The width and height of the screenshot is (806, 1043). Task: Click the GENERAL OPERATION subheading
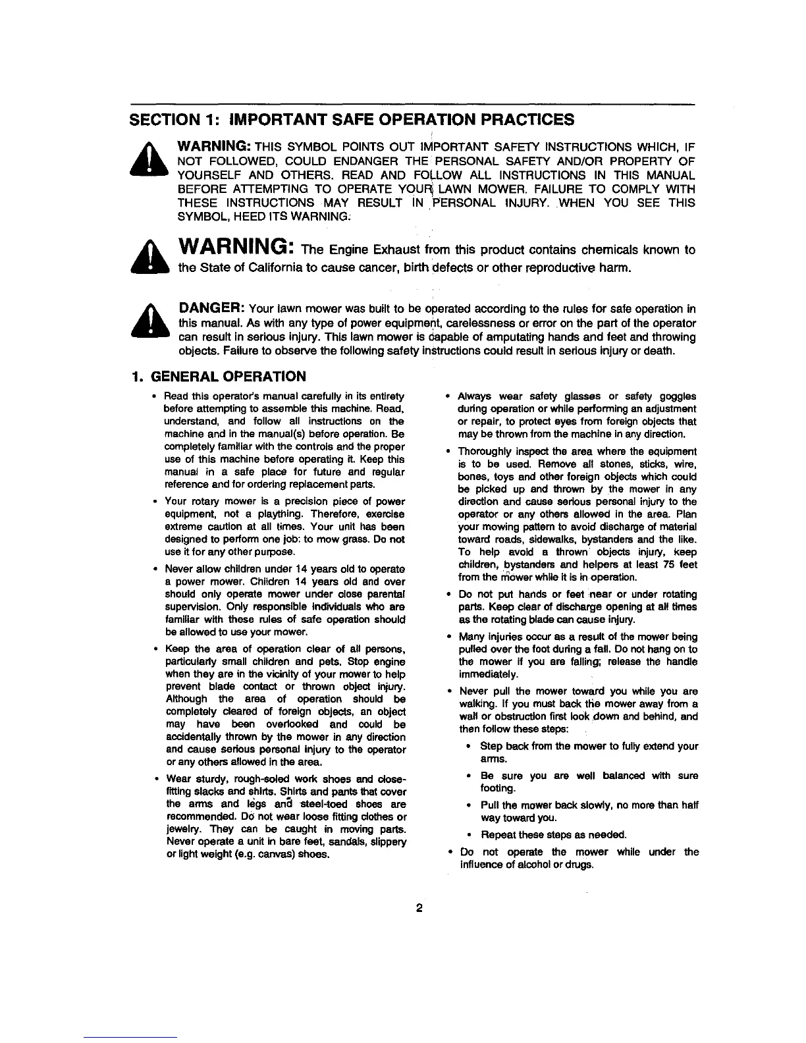pos(228,377)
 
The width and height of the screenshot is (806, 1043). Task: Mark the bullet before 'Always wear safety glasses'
pos(448,396)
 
